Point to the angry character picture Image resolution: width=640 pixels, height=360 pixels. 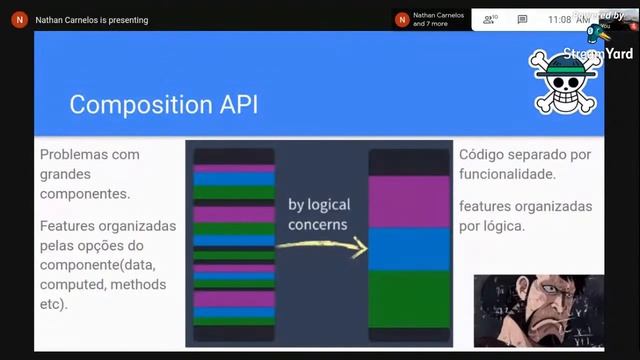click(538, 310)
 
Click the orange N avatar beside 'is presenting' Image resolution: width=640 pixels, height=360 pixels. click(20, 19)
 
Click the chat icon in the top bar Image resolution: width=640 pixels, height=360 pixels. click(522, 19)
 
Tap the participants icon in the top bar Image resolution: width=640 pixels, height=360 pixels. click(490, 19)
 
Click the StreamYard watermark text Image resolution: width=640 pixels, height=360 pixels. click(598, 54)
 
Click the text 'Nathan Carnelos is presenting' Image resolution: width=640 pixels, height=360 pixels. click(91, 19)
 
